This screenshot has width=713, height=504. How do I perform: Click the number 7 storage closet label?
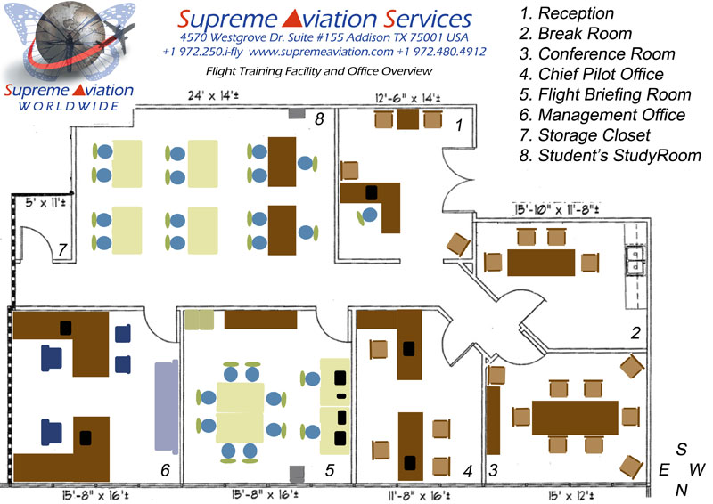tap(61, 250)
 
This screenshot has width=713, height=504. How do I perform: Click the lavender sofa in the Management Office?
tap(166, 404)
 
